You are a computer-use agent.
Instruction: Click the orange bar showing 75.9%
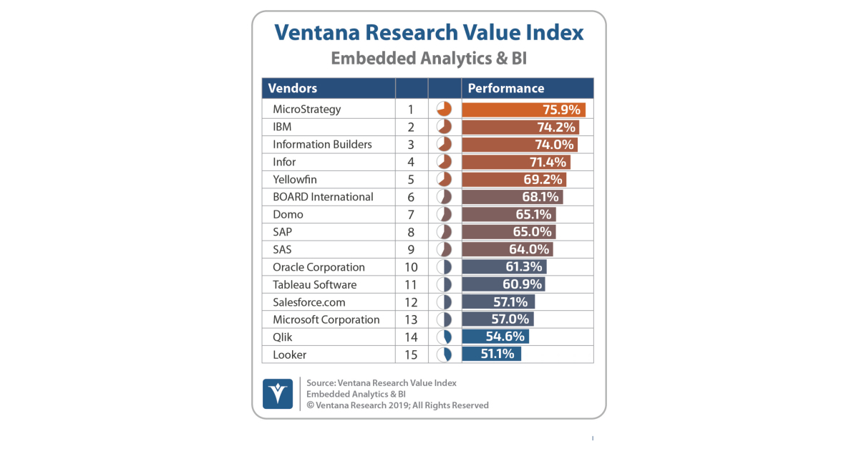pos(523,110)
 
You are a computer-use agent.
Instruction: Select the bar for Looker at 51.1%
pos(491,354)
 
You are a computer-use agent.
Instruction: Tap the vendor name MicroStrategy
pos(306,110)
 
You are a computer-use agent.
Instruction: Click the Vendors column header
pos(293,88)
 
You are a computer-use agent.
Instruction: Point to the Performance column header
pos(505,88)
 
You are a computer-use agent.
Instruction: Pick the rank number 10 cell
pos(411,267)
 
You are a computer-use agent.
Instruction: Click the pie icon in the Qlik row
pos(444,337)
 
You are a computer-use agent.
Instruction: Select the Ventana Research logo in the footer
pos(278,393)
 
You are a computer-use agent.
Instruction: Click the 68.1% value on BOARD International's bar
pos(538,197)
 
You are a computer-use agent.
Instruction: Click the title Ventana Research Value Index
pos(429,33)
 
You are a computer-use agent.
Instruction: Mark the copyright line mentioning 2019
pos(397,405)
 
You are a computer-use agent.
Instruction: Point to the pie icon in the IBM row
pos(444,127)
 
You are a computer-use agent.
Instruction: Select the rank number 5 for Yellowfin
pos(411,179)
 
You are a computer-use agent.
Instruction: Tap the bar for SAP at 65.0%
pos(508,232)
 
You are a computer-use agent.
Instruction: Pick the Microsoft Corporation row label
pos(326,319)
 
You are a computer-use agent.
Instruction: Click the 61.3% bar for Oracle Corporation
pos(504,267)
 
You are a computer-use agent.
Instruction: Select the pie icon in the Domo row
pos(444,214)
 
